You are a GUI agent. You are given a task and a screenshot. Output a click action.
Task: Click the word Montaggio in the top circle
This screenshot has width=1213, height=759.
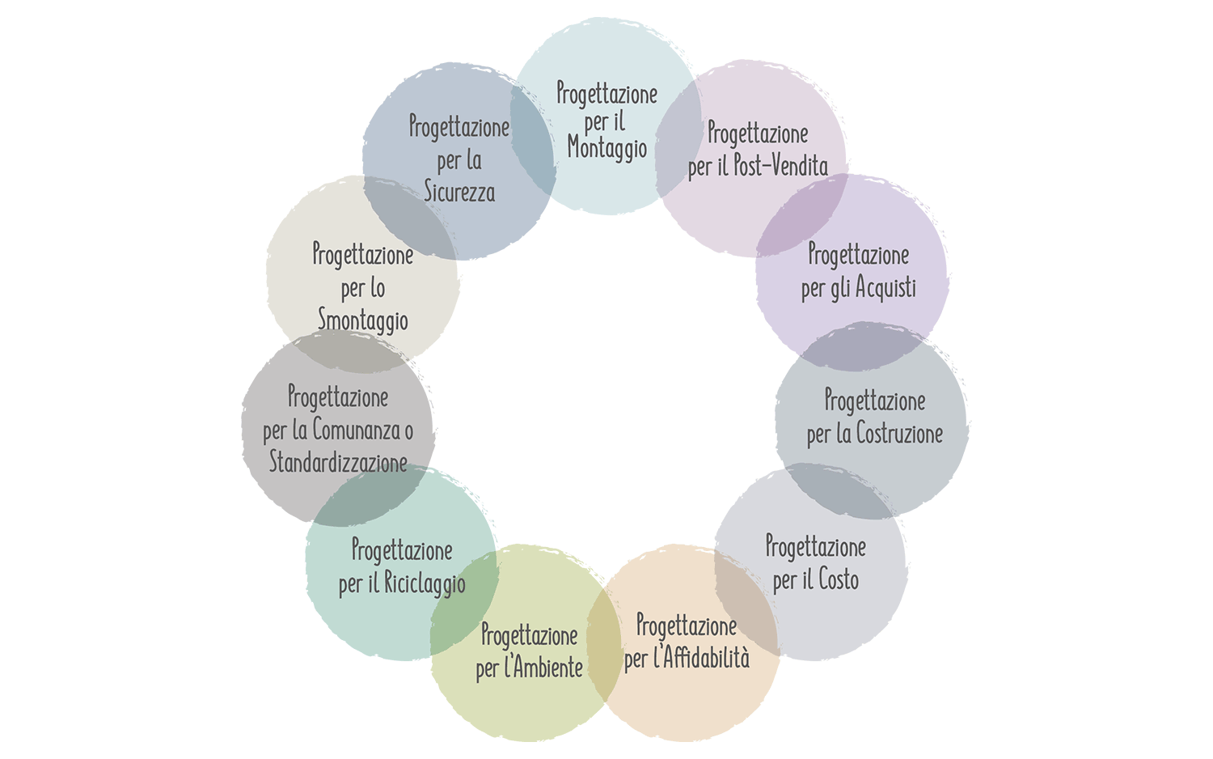606,149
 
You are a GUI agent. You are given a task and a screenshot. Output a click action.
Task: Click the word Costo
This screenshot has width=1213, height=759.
838,580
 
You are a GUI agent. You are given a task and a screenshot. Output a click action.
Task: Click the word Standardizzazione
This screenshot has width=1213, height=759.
337,464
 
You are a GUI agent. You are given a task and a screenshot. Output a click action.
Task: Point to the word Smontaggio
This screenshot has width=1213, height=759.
362,320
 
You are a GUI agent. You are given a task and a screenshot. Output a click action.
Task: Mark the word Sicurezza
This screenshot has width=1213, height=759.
459,193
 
